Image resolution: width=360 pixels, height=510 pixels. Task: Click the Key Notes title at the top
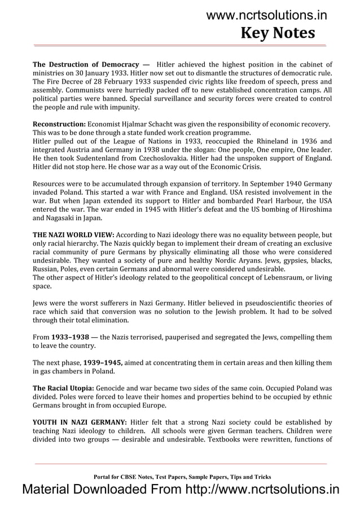click(278, 33)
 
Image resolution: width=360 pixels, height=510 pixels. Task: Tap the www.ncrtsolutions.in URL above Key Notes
click(266, 15)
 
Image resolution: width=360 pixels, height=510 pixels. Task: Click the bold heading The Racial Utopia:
click(64, 389)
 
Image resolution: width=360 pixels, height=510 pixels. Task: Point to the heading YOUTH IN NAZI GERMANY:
click(79, 422)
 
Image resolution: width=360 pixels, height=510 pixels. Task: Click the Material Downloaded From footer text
click(180, 489)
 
